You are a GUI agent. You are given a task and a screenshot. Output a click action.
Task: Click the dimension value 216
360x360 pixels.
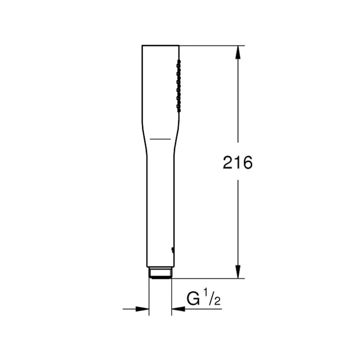pyautogui.click(x=237, y=163)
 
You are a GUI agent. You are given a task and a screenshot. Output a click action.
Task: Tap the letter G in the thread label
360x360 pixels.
pyautogui.click(x=193, y=299)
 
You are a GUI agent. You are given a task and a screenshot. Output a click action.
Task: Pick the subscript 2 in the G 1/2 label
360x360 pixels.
pyautogui.click(x=217, y=301)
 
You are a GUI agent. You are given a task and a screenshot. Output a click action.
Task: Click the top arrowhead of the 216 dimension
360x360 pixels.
pyautogui.click(x=238, y=52)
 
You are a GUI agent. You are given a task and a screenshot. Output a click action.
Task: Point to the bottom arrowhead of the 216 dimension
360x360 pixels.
pyautogui.click(x=238, y=272)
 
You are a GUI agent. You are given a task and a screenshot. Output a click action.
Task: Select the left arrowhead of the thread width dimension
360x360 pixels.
pyautogui.click(x=142, y=309)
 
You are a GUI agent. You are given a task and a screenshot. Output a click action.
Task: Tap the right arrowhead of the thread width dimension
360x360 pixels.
pyautogui.click(x=178, y=309)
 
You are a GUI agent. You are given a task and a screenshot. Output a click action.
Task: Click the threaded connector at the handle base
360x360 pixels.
pyautogui.click(x=160, y=273)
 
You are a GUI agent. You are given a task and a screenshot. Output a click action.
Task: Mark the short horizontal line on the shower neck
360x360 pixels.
pyautogui.click(x=160, y=139)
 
